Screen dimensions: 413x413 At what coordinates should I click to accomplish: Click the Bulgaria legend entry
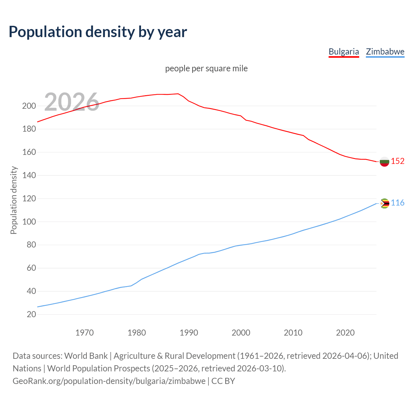(344, 52)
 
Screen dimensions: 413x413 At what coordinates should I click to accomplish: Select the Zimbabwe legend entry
(385, 52)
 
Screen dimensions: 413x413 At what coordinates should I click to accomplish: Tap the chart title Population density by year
(98, 32)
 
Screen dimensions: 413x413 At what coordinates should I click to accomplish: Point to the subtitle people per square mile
(206, 68)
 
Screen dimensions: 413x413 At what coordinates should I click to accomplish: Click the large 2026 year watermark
(72, 102)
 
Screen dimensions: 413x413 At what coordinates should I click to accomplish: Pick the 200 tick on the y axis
(29, 106)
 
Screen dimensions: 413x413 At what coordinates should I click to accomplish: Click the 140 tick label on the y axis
(29, 175)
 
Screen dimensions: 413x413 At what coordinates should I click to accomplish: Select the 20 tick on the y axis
(31, 314)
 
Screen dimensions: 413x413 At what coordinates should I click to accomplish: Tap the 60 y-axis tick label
(31, 268)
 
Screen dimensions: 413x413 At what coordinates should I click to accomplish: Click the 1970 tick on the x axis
(85, 332)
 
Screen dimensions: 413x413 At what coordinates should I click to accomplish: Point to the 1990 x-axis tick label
(189, 332)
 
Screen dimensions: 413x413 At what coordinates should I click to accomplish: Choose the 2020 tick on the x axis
(345, 332)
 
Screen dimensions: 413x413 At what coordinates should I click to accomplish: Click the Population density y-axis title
(14, 200)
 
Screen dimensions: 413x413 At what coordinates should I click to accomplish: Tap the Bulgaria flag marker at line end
(384, 161)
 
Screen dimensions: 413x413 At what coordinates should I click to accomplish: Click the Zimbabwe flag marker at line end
(384, 203)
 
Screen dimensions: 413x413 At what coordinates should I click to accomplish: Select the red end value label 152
(398, 161)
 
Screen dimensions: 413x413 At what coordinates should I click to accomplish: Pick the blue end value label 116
(398, 203)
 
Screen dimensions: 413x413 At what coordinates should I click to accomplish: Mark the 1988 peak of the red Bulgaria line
(178, 94)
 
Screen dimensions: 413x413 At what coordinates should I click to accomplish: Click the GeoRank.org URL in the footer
(109, 381)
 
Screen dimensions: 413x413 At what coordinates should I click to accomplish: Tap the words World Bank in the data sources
(86, 356)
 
